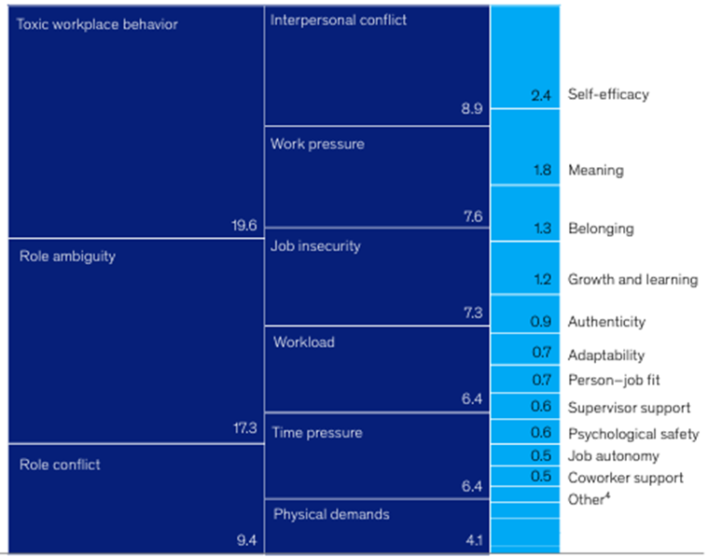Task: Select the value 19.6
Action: pos(243,225)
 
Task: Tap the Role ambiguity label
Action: pos(67,256)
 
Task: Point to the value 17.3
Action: pos(243,428)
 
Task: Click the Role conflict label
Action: pos(60,464)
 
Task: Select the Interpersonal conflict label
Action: pos(338,20)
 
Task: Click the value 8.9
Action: pos(472,109)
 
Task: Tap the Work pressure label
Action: pos(317,145)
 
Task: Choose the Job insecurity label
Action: pos(315,246)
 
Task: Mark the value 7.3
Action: pos(472,313)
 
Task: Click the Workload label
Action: pos(304,341)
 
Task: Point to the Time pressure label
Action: pos(317,433)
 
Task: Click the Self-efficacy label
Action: pos(607,94)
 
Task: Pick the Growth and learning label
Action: pos(632,279)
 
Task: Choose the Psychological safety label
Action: pos(633,434)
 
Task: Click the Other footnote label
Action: pos(588,499)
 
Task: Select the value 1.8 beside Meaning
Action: pos(542,171)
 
